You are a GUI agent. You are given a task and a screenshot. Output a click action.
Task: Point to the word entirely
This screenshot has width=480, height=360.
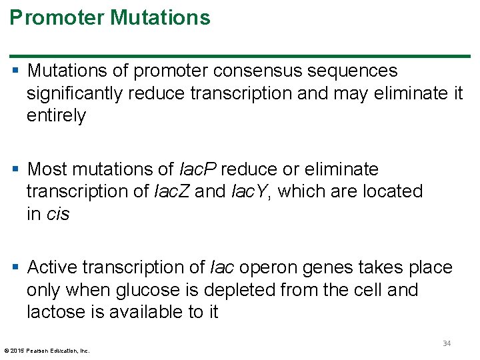(56, 116)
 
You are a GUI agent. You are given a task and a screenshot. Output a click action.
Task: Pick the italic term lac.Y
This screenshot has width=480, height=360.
(251, 191)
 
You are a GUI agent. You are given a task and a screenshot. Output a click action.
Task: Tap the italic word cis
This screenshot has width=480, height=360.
(58, 214)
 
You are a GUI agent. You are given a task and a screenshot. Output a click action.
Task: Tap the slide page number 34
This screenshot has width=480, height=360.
(447, 343)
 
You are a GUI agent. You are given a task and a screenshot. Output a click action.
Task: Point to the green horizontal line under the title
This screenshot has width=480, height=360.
(240, 55)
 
